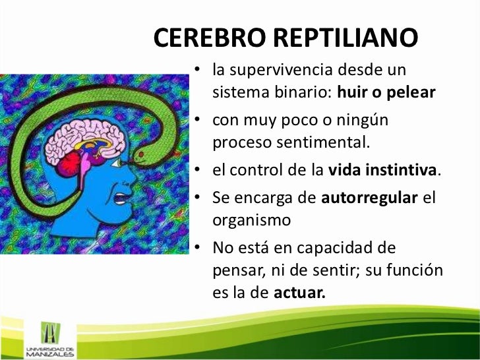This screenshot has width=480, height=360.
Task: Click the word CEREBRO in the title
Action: coord(210,40)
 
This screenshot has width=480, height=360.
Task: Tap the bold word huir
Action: coord(351,92)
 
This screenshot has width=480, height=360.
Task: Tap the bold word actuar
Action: coord(299,293)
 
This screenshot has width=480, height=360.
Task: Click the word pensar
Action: coord(233,270)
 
